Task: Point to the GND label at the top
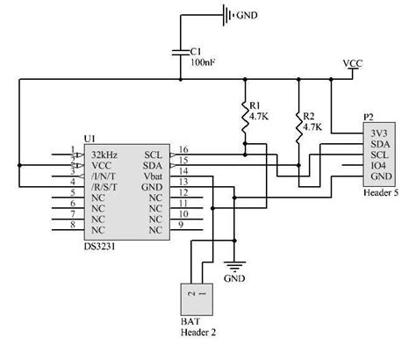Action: (248, 14)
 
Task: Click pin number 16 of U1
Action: (183, 149)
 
